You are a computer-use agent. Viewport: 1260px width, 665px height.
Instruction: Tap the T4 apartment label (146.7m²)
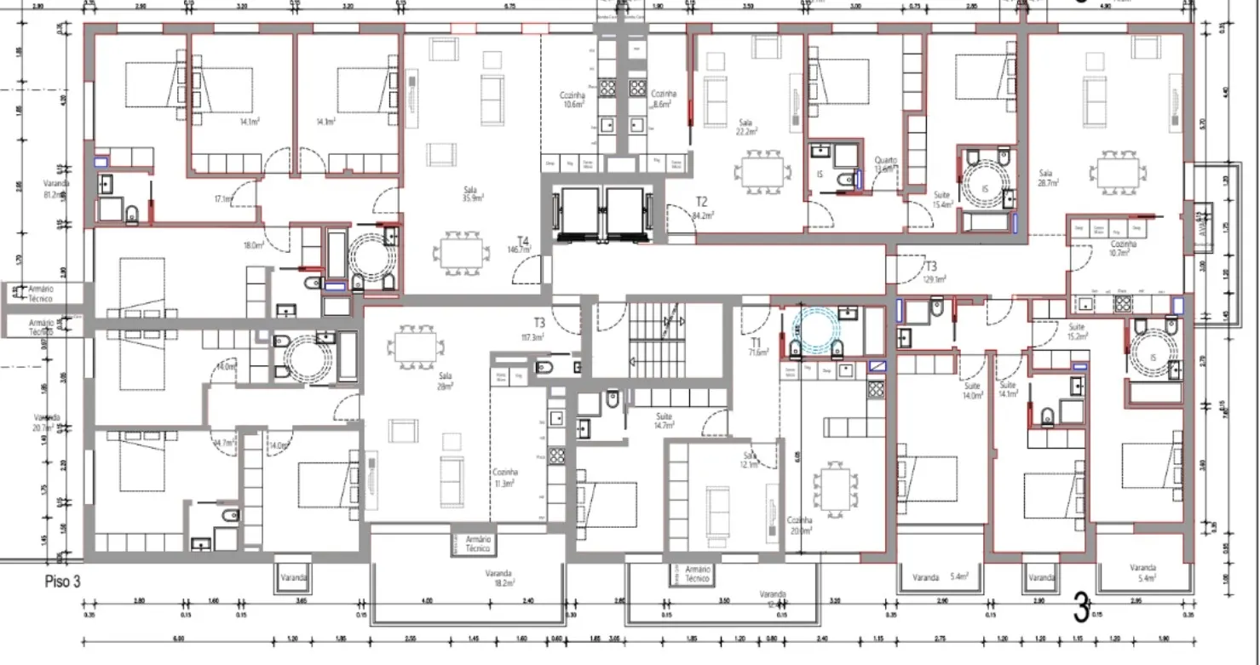click(521, 245)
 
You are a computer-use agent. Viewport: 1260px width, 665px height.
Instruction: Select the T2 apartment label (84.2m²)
click(701, 208)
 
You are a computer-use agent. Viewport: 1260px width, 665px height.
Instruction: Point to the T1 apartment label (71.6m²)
click(755, 346)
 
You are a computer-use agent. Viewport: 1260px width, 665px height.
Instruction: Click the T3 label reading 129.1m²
click(931, 272)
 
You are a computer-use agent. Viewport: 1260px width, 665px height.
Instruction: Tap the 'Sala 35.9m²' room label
click(473, 194)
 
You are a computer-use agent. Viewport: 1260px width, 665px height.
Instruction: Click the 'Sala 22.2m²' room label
click(747, 127)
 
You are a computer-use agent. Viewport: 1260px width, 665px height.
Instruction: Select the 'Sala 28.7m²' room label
click(1049, 178)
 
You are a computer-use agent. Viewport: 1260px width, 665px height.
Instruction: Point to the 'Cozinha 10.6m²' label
click(573, 99)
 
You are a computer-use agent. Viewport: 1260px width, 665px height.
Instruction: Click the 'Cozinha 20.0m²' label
click(799, 525)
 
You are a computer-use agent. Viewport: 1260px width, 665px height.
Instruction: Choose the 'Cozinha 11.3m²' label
click(504, 478)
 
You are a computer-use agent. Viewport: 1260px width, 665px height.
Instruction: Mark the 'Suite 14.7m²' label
click(665, 420)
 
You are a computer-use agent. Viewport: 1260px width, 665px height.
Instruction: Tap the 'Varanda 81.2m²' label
click(56, 189)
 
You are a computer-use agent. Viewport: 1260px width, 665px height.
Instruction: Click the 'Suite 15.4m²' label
click(941, 199)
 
